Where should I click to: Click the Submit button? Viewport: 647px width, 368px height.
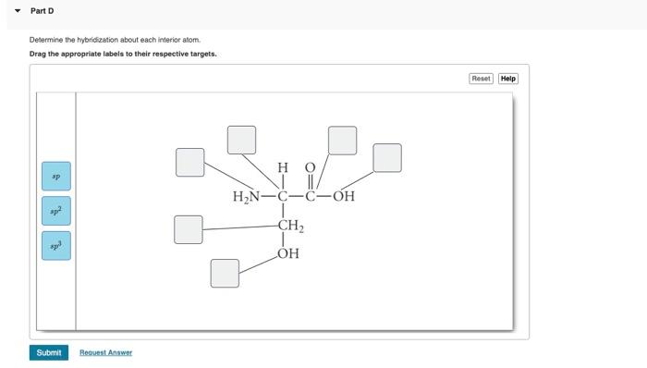tap(49, 352)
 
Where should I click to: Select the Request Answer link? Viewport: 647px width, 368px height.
tap(105, 352)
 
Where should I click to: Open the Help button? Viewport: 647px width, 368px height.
tap(508, 79)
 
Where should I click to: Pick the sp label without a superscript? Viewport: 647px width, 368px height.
tap(55, 175)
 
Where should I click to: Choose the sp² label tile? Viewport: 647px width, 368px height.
tap(55, 211)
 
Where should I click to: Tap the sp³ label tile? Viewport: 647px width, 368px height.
tap(55, 246)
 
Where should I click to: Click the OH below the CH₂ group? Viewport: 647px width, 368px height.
tap(287, 253)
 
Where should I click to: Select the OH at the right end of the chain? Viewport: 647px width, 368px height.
tap(344, 196)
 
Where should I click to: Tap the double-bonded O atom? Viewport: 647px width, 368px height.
tap(311, 167)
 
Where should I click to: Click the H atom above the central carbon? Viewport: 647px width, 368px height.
tap(283, 167)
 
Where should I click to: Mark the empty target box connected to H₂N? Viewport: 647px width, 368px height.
tap(190, 162)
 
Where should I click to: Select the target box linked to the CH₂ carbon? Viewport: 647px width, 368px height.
tap(189, 229)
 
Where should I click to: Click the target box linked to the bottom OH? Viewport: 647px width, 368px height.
tap(225, 273)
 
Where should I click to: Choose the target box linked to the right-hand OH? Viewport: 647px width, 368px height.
tap(387, 157)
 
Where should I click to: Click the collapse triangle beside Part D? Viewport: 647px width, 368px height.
tap(18, 11)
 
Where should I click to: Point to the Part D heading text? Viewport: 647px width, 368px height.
tap(43, 11)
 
